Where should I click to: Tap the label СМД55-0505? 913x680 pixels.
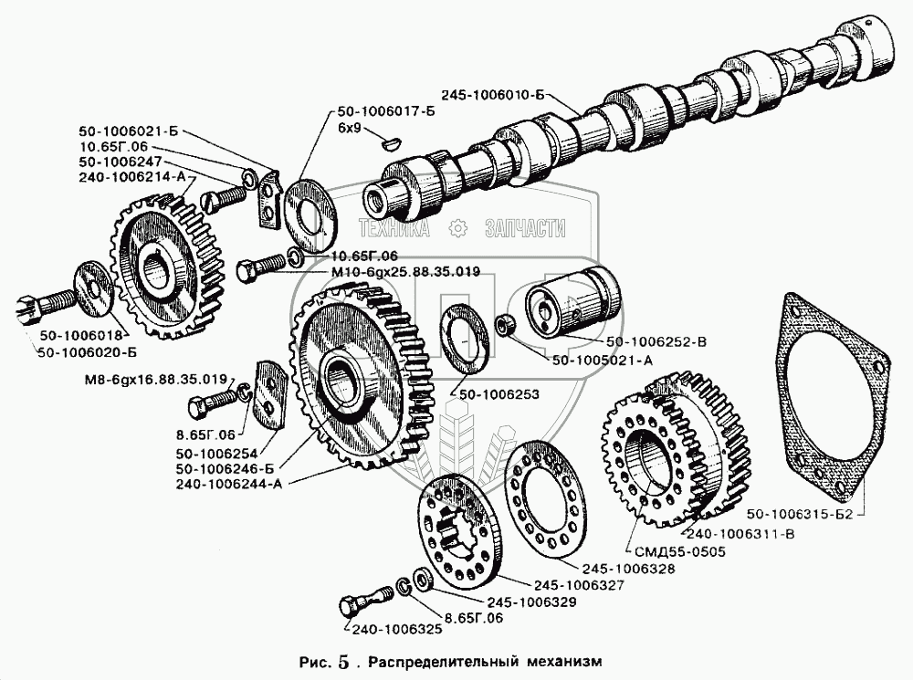click(x=665, y=550)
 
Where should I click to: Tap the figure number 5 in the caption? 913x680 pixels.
click(x=342, y=662)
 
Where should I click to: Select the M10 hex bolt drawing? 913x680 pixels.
click(x=258, y=270)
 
